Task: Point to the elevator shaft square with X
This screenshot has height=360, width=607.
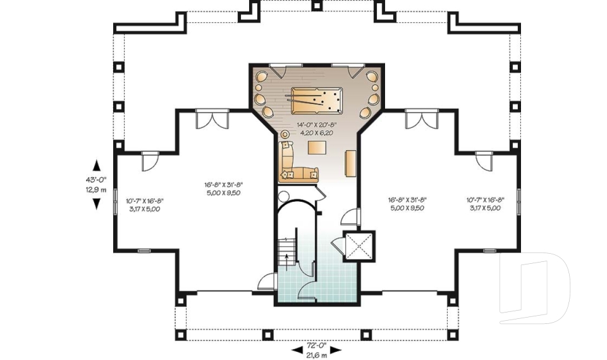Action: (359, 245)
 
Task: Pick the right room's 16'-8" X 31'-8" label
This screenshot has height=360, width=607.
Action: (406, 203)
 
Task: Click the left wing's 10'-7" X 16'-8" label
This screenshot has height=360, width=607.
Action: (144, 204)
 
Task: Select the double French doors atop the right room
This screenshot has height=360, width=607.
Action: (421, 120)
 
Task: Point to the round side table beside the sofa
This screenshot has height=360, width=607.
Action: (284, 135)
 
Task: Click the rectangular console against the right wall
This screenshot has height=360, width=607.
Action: (350, 163)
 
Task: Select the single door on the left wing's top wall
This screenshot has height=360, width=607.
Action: (149, 161)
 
